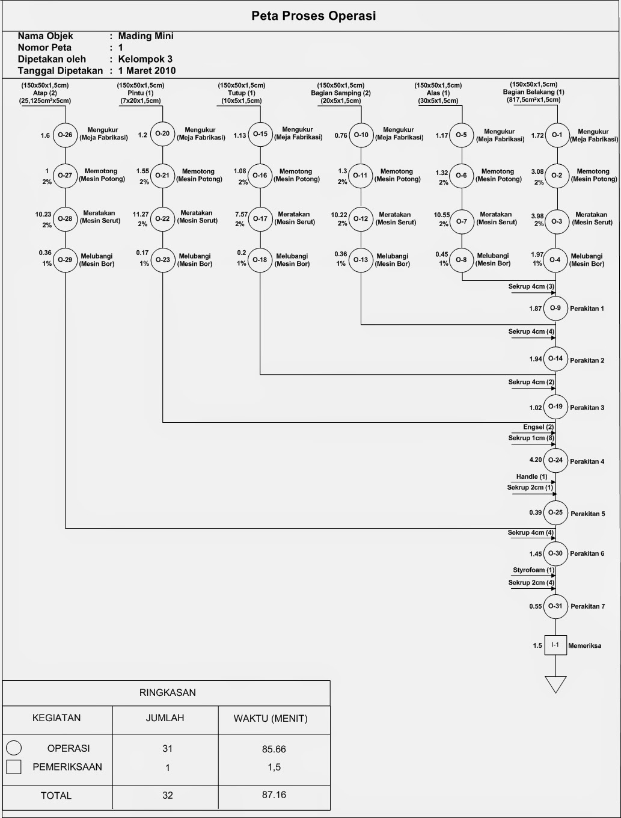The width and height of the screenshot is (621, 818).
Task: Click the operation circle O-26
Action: click(x=65, y=135)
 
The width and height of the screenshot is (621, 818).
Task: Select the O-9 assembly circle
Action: click(x=555, y=309)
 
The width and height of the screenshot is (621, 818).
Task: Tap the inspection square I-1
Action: click(x=555, y=645)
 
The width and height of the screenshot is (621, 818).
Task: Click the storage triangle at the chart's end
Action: click(x=555, y=684)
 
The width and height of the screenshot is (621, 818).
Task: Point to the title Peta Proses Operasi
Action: click(x=313, y=16)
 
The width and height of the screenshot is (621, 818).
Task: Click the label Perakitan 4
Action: click(x=587, y=462)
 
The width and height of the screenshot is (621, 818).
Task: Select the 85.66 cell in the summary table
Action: click(x=274, y=749)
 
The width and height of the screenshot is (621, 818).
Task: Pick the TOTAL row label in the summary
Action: click(x=56, y=796)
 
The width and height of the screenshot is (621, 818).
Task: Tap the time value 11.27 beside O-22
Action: click(x=141, y=214)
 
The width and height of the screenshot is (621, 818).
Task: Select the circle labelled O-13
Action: click(x=361, y=260)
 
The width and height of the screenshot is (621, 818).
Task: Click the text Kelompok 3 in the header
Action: click(x=145, y=59)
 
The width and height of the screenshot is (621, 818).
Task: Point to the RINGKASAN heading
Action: click(x=168, y=693)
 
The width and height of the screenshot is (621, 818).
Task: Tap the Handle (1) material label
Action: click(x=531, y=476)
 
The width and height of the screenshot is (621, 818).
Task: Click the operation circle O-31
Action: click(x=555, y=606)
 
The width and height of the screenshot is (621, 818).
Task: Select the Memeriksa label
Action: click(x=584, y=646)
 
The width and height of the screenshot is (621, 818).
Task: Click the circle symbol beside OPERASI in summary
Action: click(x=14, y=748)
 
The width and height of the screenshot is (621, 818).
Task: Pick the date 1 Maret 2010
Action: click(x=147, y=70)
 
